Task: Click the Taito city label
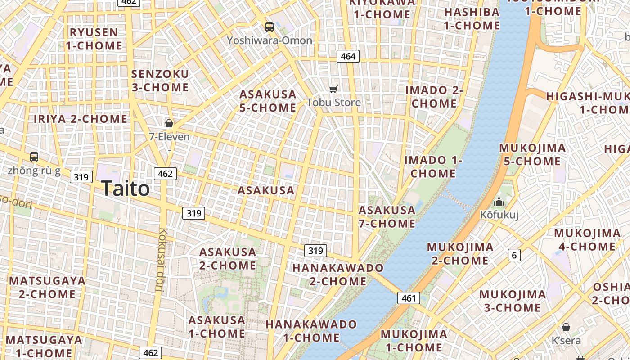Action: (125, 188)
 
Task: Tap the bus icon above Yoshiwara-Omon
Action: (270, 27)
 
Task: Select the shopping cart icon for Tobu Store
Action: (333, 89)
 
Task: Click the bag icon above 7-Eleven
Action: (169, 123)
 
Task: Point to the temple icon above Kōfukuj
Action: (499, 202)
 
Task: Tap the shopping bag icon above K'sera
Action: (566, 327)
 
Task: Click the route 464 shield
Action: (348, 56)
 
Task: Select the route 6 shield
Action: (514, 255)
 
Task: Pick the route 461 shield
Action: (409, 297)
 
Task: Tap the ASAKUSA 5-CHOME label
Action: (268, 101)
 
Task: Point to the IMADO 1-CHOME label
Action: (433, 166)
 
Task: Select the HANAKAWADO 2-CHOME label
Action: (338, 274)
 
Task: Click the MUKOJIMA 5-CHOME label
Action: (532, 154)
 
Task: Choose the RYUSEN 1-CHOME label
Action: (94, 39)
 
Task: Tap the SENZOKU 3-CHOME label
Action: (160, 81)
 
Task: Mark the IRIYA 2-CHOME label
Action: (81, 119)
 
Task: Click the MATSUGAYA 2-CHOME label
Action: (47, 287)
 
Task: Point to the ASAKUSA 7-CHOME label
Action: (387, 217)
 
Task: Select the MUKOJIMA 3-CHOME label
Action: (512, 301)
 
